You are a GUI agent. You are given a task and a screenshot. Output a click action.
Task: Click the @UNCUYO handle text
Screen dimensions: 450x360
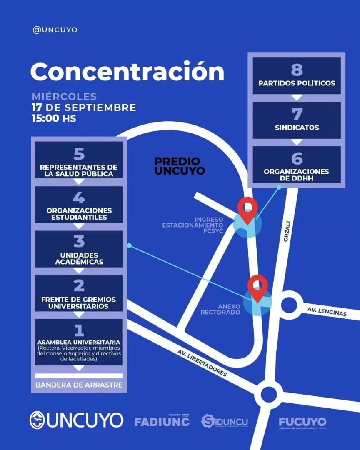coord(55,30)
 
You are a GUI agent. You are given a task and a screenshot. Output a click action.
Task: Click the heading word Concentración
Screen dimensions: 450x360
coord(127,72)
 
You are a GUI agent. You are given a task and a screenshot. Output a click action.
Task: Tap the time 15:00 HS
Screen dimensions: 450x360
coord(54,118)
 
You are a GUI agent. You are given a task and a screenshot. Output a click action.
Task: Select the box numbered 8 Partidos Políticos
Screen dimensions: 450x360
coord(297,76)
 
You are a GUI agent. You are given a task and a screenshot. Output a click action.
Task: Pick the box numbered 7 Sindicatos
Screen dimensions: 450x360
coord(297,120)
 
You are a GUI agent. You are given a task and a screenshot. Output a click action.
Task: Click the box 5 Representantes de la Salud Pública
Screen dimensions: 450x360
coord(79,160)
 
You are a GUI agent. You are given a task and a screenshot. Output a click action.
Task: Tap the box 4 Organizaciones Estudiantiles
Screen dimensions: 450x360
coord(79,205)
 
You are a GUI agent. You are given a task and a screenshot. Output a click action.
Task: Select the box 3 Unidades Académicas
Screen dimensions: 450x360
coord(79,249)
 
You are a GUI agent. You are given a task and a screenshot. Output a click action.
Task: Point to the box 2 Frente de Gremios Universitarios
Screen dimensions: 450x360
coord(79,293)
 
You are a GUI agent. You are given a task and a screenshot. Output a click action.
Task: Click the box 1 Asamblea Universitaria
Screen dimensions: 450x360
coord(79,342)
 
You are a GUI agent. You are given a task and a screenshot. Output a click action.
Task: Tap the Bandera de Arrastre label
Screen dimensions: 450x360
coord(79,385)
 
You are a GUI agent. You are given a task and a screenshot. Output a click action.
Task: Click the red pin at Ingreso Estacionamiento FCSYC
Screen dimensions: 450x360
coord(247,210)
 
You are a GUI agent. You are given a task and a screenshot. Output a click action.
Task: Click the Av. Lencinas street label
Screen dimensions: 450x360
coord(327,312)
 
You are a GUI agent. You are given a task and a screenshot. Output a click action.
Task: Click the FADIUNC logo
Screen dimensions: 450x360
coord(162,421)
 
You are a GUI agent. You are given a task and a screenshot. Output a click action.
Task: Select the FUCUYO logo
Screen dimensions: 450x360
coord(302,422)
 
